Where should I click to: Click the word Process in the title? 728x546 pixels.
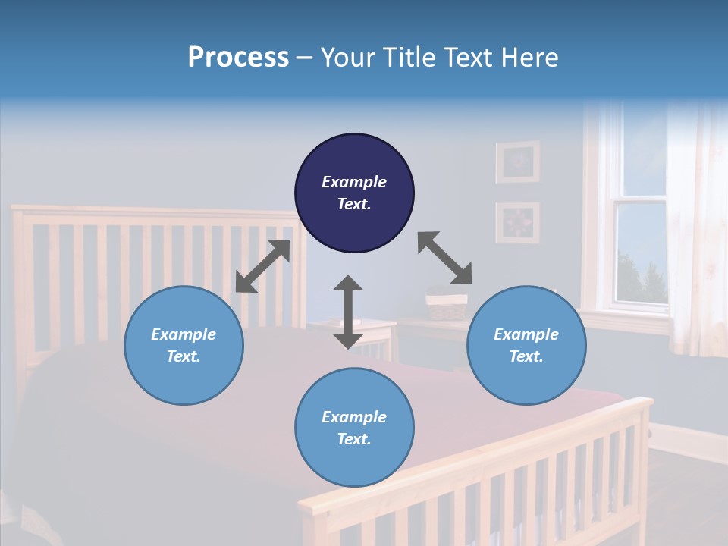pos(238,58)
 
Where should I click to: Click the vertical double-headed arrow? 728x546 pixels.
pos(348,312)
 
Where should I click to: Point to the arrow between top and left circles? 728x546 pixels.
pos(262,266)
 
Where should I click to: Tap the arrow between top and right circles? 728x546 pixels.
pos(444,259)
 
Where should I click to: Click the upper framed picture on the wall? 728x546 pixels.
pos(518,162)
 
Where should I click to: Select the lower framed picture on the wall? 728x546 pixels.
pos(518,223)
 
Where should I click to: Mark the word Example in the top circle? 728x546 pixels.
pos(354,182)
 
